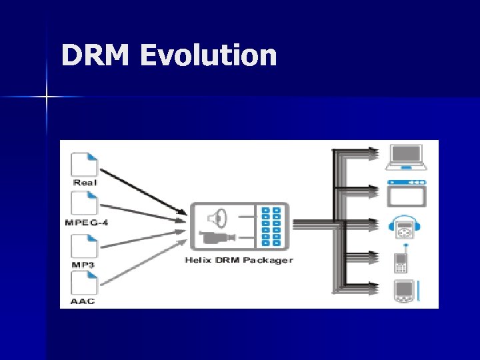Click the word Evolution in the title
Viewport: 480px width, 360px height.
tap(209, 56)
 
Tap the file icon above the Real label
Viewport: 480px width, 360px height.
tap(85, 164)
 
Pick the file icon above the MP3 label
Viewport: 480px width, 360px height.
tap(85, 247)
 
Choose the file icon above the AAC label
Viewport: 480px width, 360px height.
tap(85, 284)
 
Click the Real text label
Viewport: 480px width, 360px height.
tap(85, 182)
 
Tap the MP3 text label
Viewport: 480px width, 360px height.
tap(84, 265)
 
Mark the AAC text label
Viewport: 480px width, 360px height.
tap(83, 301)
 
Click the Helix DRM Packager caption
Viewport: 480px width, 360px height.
tap(239, 260)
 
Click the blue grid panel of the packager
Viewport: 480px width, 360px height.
tap(272, 227)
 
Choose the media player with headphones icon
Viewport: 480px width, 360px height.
tap(404, 227)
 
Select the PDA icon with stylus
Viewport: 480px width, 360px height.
tap(405, 291)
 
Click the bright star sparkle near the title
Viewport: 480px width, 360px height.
tap(47, 97)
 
